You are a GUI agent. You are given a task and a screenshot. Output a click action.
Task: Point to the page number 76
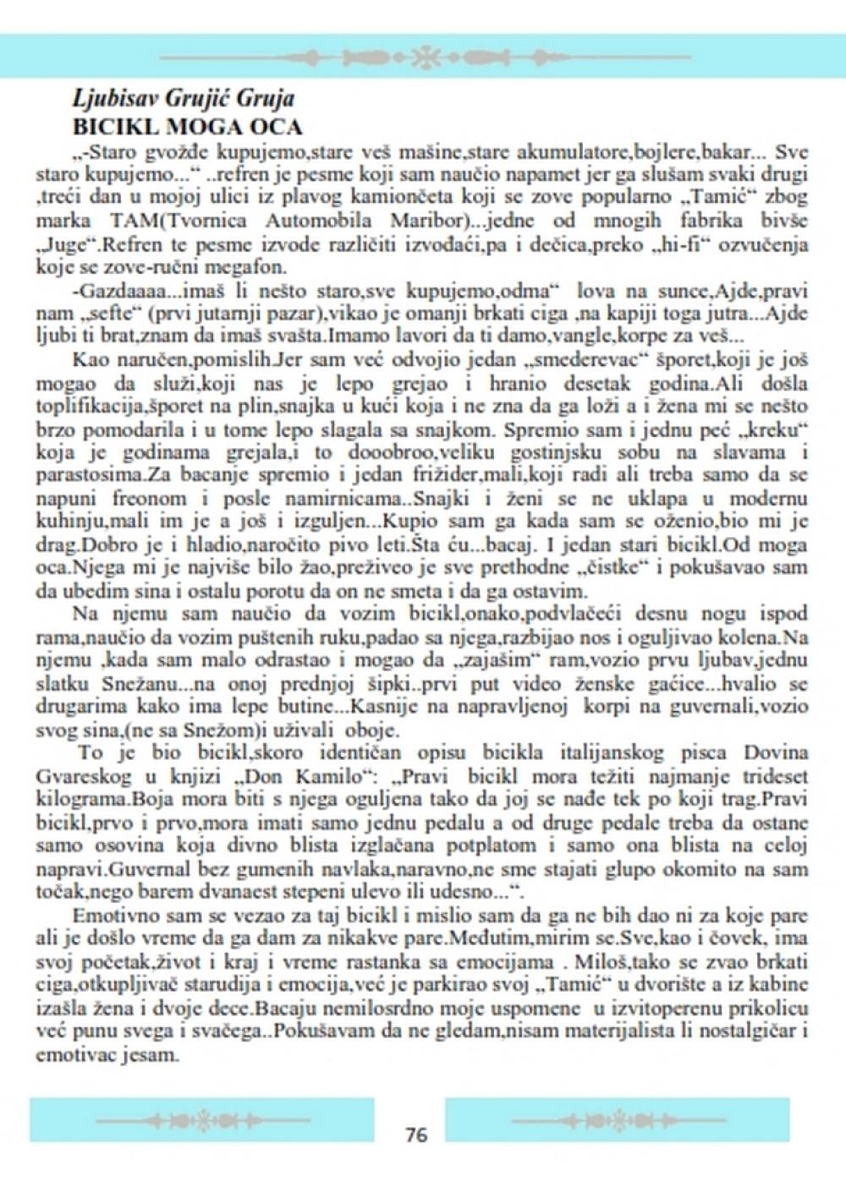click(x=416, y=1135)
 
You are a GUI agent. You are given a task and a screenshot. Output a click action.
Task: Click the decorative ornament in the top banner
click(x=426, y=57)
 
